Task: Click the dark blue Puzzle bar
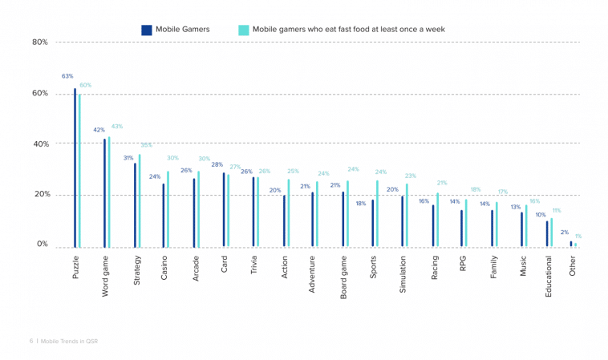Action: (75, 168)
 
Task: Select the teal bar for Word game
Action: (109, 192)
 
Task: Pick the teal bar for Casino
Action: (168, 209)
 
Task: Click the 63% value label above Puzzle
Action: (67, 76)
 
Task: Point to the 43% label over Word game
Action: (117, 126)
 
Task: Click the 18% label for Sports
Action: (360, 203)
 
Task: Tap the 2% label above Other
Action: (565, 233)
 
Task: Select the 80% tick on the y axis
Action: (40, 42)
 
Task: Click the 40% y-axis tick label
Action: (40, 144)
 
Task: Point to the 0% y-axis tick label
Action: (42, 245)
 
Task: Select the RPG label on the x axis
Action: (464, 265)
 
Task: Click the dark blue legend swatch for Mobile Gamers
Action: (147, 30)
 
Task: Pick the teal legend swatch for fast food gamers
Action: (244, 30)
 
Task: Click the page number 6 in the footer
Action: (30, 341)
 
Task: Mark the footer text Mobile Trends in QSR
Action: (69, 341)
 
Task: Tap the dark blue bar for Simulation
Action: (402, 221)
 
